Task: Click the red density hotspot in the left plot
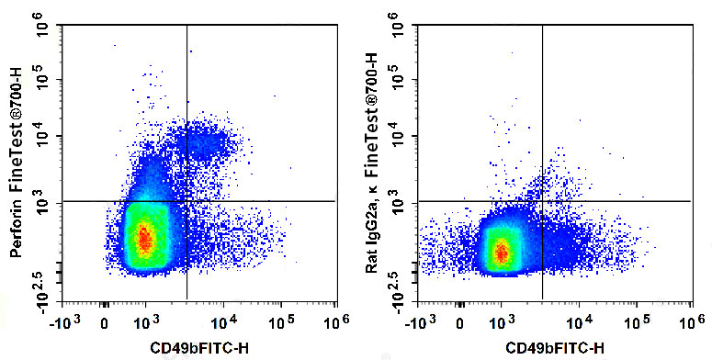click(x=143, y=239)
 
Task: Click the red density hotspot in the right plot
click(x=501, y=250)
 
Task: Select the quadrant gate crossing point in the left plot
click(x=186, y=201)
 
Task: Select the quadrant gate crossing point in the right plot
click(x=543, y=201)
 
